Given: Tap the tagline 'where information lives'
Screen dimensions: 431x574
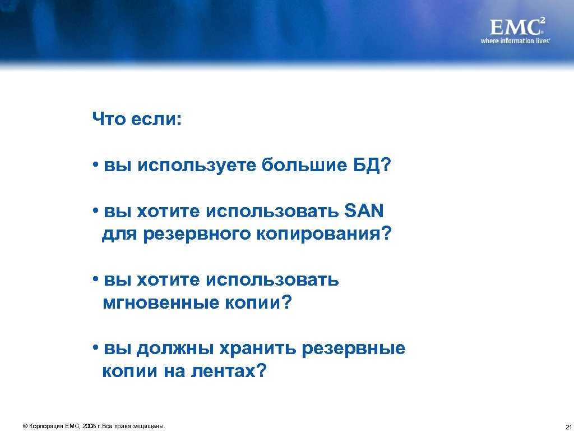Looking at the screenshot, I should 515,41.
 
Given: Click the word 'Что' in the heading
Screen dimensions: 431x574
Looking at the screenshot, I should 109,119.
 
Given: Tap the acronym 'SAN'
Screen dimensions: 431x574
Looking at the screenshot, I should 363,212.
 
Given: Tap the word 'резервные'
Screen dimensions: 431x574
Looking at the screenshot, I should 353,349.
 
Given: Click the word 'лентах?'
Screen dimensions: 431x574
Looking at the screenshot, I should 230,372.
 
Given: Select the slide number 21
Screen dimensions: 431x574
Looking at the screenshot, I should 568,427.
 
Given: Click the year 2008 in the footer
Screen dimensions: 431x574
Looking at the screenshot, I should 89,427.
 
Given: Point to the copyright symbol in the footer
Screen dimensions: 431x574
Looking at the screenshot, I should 25,427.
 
